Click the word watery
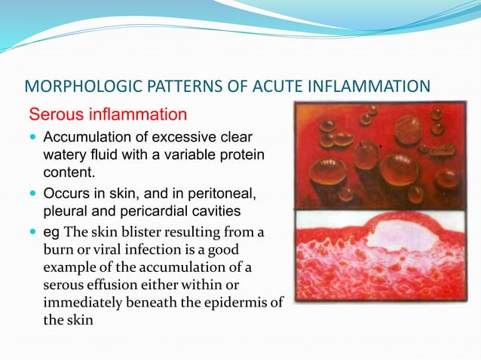(x=64, y=154)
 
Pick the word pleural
(x=66, y=207)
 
